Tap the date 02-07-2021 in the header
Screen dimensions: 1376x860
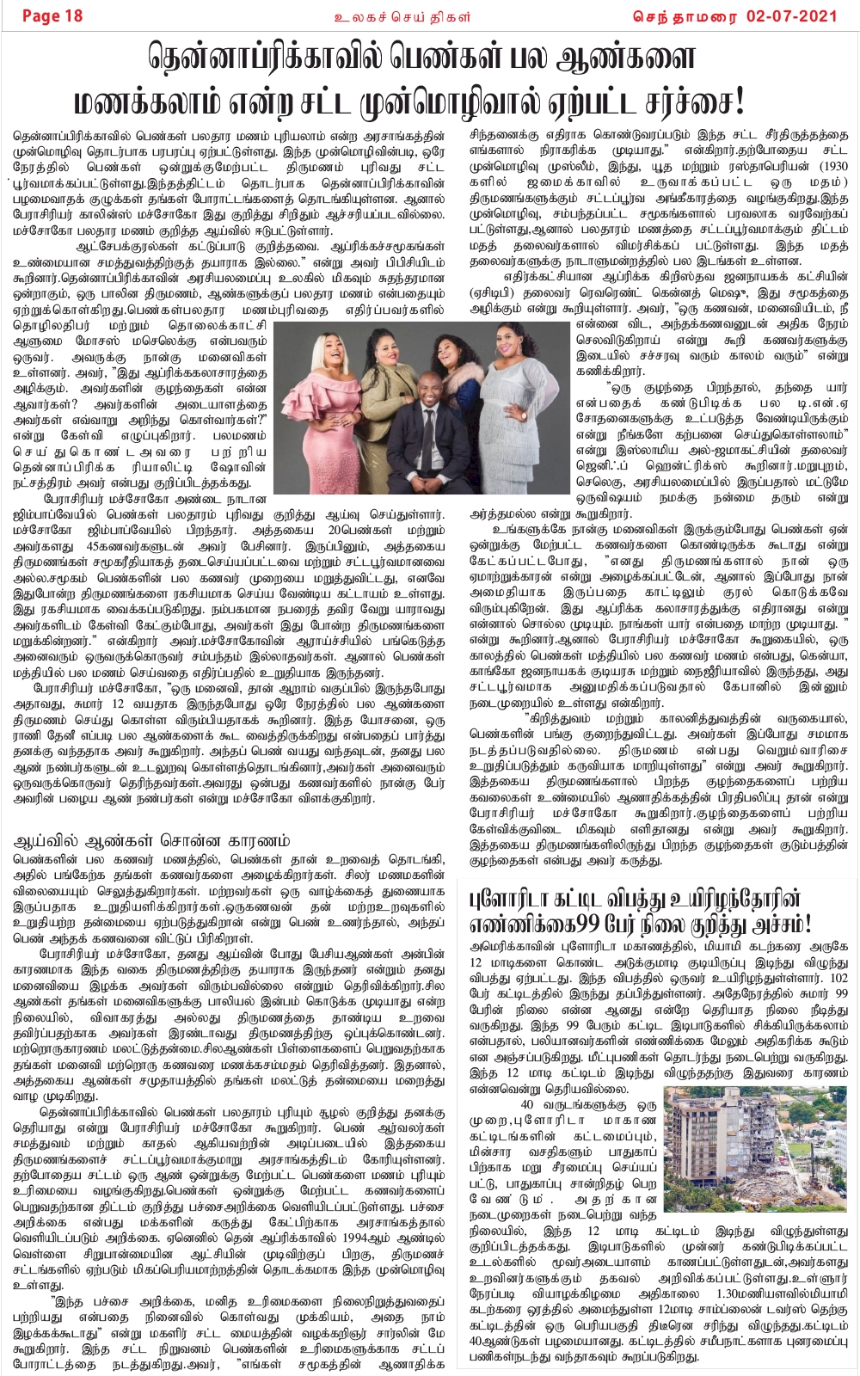point(799,15)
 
